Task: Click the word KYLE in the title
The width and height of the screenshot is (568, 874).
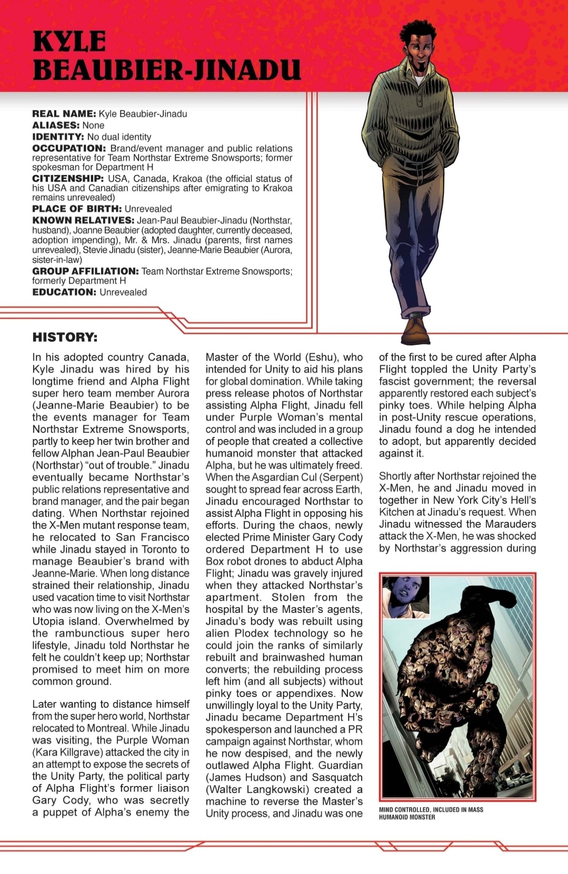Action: pos(69,41)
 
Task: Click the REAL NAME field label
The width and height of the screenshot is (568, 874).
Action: pos(64,114)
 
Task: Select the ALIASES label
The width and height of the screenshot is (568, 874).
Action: pos(56,125)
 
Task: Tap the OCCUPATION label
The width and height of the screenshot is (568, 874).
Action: pos(69,148)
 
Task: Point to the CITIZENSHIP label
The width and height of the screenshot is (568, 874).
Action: pos(68,178)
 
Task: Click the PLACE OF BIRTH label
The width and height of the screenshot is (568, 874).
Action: pos(77,208)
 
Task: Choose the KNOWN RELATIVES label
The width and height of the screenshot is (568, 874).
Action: pos(83,220)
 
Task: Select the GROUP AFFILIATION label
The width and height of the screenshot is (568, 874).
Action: pos(85,271)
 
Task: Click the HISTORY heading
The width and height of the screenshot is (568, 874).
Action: pos(65,337)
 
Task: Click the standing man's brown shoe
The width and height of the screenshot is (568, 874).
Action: pos(415,329)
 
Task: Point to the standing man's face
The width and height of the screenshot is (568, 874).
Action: pos(415,44)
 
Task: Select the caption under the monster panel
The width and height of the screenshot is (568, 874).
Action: pos(431,813)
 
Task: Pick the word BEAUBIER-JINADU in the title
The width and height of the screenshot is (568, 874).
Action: pos(166,70)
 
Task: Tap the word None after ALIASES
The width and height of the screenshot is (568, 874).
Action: pos(93,125)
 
